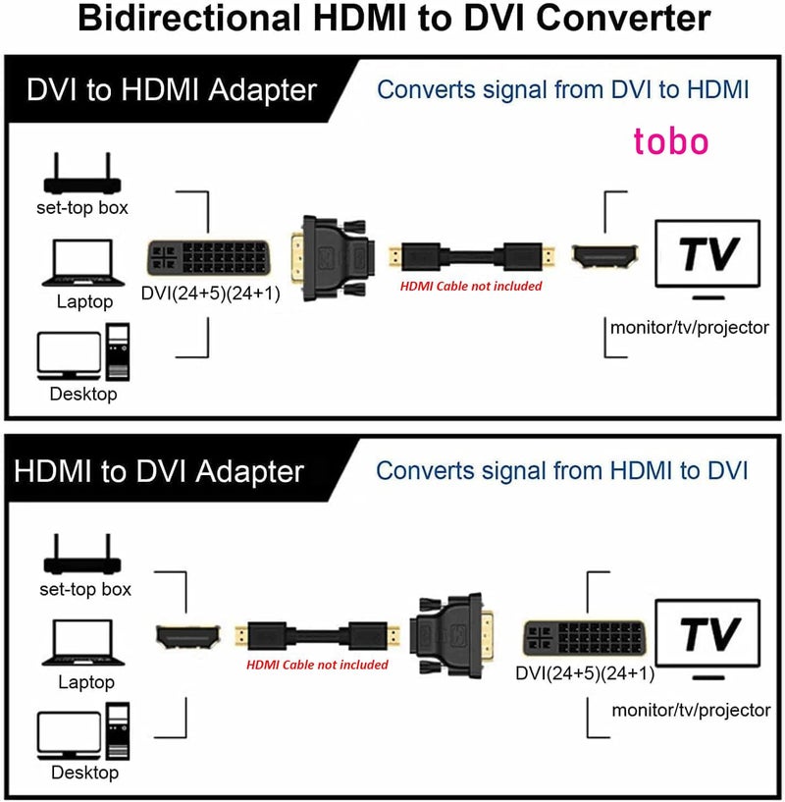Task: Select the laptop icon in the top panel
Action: point(83,262)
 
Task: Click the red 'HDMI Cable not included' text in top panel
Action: point(470,286)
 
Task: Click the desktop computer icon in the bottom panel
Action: point(83,735)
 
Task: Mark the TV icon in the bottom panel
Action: point(709,636)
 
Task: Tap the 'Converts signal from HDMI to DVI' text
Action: point(562,469)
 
